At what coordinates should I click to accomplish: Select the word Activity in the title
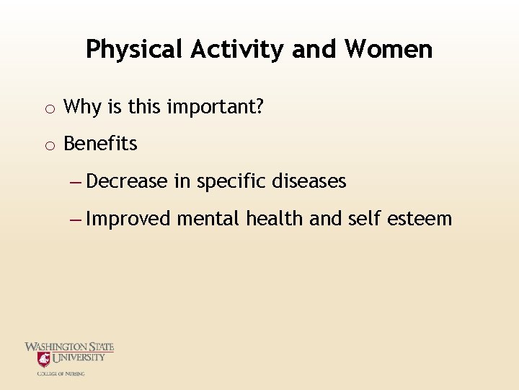(x=239, y=49)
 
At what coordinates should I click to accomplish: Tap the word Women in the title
(x=389, y=49)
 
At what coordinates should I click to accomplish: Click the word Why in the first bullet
(x=82, y=108)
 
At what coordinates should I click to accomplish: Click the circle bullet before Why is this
(x=48, y=109)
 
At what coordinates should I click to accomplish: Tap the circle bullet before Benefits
(x=48, y=145)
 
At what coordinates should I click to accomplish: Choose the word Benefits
(x=100, y=144)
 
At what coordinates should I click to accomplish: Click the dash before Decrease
(x=76, y=181)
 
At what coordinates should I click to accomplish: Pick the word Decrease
(x=127, y=181)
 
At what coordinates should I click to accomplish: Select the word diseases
(x=309, y=181)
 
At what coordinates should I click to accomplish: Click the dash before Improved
(x=76, y=218)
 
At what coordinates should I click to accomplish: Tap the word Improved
(x=128, y=219)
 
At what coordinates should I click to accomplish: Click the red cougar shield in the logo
(x=44, y=359)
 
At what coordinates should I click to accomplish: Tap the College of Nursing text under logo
(x=61, y=373)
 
